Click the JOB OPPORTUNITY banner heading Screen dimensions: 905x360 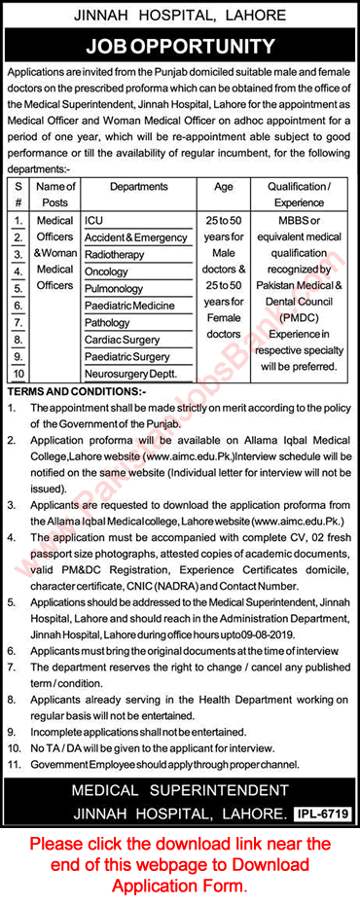tap(180, 46)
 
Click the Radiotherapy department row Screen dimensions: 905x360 tap(115, 255)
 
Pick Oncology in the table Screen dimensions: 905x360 tap(106, 271)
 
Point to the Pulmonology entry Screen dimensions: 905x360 tap(113, 289)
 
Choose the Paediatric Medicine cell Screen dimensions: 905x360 tap(130, 306)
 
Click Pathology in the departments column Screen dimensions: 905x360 tap(107, 322)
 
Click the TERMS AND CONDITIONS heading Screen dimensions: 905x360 tap(76, 390)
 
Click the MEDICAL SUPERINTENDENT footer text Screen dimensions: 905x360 tap(180, 790)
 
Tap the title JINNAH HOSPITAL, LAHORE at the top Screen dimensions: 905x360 tap(180, 16)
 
